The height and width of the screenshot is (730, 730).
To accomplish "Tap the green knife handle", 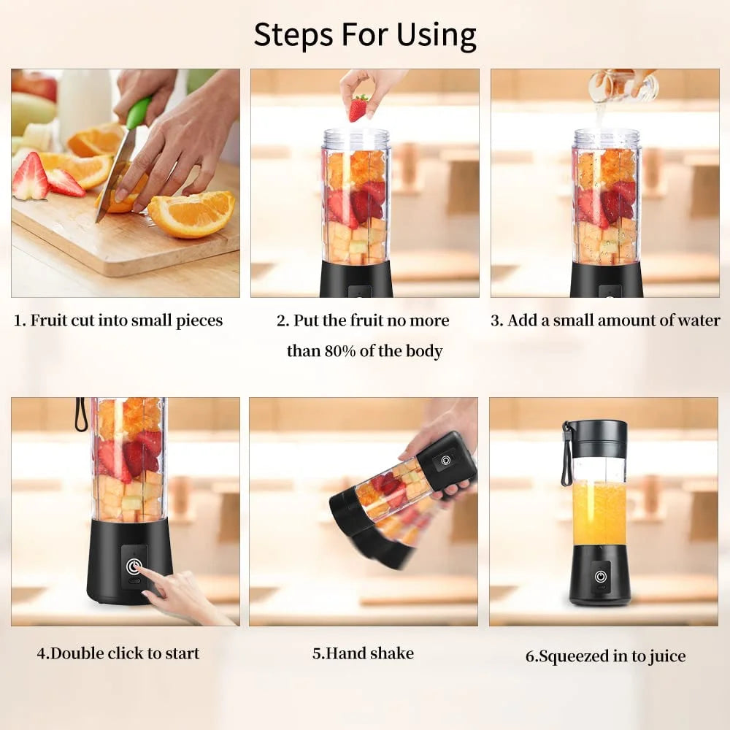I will (x=139, y=114).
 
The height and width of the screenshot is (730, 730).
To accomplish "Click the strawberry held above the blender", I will (x=358, y=107).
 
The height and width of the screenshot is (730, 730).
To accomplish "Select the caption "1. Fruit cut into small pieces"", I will (x=118, y=320).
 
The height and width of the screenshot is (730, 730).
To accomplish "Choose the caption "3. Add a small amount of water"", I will (x=605, y=320).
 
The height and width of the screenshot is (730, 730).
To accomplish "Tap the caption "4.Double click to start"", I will (x=118, y=653).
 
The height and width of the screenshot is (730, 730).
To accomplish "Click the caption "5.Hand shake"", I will (x=363, y=653).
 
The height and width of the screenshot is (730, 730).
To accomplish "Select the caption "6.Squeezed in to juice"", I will (x=605, y=656).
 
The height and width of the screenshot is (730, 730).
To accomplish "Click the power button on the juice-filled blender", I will (x=600, y=576).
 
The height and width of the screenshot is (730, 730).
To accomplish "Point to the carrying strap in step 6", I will (x=566, y=456).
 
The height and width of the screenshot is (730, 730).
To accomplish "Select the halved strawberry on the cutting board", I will (x=31, y=177).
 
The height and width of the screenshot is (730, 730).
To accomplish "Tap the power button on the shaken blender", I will (x=445, y=461).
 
